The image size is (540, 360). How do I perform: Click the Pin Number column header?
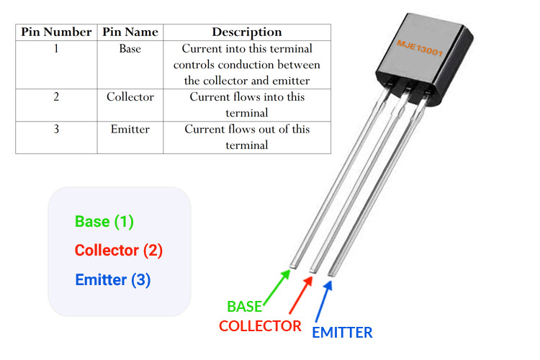pos(56,32)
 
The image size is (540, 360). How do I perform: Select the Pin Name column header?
pos(130,32)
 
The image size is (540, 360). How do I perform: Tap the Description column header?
pos(246,32)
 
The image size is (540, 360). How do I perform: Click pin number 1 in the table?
pos(55,50)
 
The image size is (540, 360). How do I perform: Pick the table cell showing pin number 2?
pos(55,97)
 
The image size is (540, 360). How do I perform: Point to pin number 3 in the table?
pos(55,130)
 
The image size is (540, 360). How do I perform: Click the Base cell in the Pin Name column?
pos(130,50)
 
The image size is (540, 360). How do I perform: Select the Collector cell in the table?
pos(130,97)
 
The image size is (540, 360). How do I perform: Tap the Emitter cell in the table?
pos(130,130)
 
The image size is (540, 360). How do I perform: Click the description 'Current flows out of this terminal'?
pos(246,137)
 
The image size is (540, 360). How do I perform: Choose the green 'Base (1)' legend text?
pos(104,222)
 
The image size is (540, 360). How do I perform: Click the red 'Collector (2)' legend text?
pos(119,251)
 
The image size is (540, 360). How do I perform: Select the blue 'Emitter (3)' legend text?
pos(112,280)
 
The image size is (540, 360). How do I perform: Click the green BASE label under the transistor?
pos(245,307)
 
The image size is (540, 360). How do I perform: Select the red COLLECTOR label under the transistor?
pos(260,326)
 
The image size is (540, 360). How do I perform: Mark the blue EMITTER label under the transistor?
pos(342,333)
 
